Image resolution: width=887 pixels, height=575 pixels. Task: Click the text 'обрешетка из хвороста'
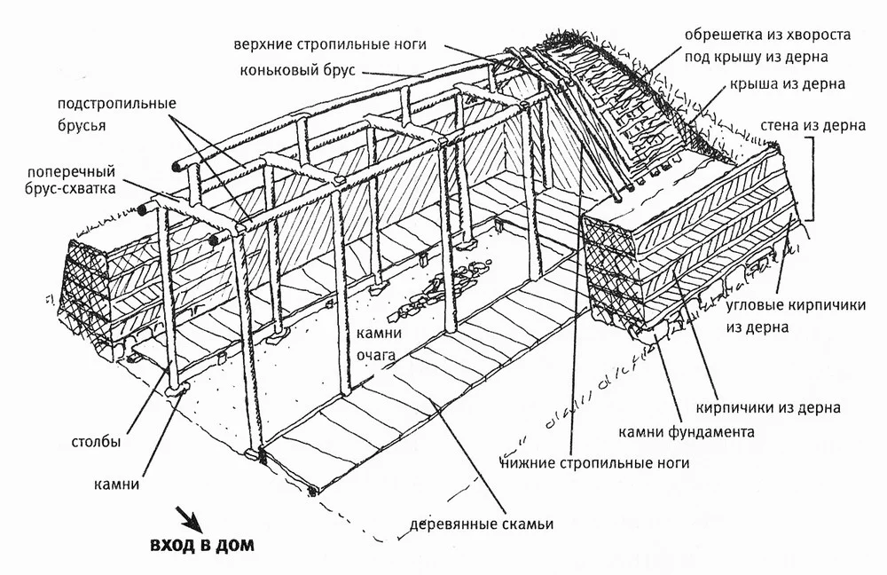click(767, 34)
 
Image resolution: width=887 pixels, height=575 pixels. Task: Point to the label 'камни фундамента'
click(688, 432)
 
